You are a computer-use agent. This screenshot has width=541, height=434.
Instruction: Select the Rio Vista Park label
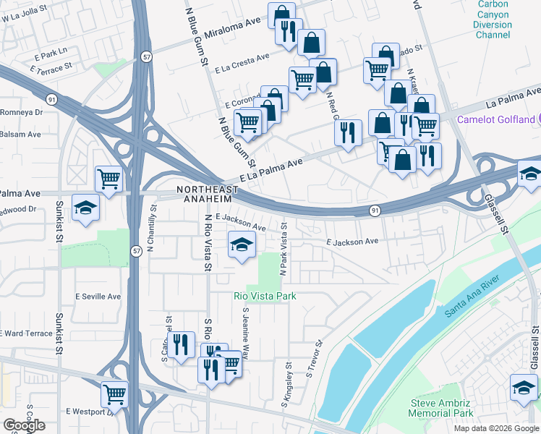click(x=264, y=296)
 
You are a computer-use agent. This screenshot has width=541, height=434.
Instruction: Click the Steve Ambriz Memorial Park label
click(x=440, y=408)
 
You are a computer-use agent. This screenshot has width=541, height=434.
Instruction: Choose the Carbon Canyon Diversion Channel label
click(x=493, y=20)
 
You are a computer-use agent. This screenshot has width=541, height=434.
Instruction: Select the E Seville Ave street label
click(x=98, y=297)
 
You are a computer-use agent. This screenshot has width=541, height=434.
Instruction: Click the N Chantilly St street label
click(x=152, y=228)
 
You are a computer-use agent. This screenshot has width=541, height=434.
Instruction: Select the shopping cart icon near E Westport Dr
click(x=114, y=394)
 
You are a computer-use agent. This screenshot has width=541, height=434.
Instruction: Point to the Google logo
click(x=24, y=425)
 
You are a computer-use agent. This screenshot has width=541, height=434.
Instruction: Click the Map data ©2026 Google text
click(x=495, y=428)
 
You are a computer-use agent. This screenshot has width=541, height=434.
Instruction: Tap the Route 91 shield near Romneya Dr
click(x=51, y=98)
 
